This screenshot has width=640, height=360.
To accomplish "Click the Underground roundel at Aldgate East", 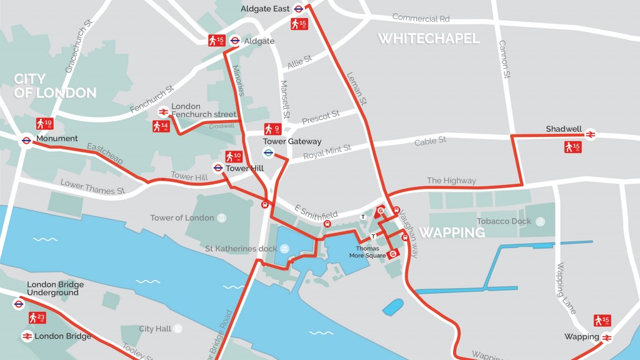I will coord(299,9).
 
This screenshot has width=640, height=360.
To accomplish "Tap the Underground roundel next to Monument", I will coord(26,141).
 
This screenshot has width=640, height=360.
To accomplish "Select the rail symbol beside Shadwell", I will coord(591,133).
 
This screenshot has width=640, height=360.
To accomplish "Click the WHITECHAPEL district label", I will coord(429,39).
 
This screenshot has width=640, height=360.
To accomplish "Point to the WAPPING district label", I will coord(451,232).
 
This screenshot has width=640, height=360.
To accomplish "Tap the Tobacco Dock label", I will coord(504,221).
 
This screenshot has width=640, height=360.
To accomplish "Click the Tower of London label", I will coord(182,218).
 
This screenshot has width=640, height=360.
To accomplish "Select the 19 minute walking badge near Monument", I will coord(44,124).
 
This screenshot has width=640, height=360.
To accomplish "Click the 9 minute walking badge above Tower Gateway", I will coord(271,129).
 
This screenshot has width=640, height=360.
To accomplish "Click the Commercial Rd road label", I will coord(421,18).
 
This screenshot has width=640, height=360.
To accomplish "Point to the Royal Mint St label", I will coord(327,151).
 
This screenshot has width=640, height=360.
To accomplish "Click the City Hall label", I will coord(154,329).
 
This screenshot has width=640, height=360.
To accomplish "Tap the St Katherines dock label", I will coord(241,249).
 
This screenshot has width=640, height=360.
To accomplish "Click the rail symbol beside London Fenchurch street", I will coord(162,112).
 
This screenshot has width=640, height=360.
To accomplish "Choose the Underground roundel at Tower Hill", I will coord(218,167).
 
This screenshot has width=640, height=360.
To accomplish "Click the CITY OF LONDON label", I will coord(55,86).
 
